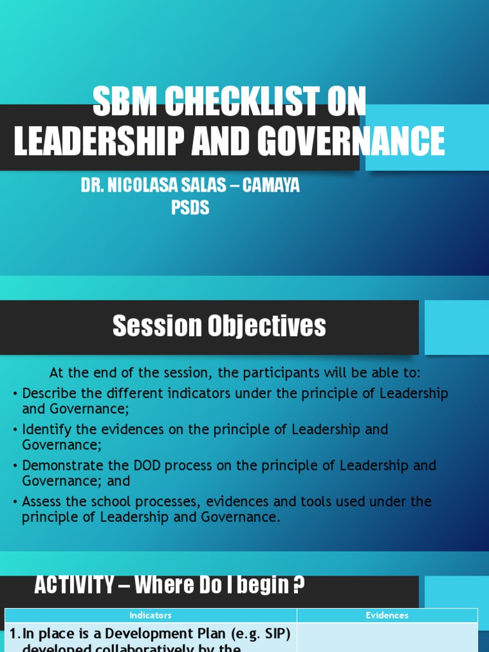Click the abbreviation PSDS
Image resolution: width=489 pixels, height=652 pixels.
pos(190,208)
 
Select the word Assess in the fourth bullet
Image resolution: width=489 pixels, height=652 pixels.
pos(42,502)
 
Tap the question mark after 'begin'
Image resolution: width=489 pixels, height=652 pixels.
pos(299,586)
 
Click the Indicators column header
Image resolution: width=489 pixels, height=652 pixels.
pos(150,616)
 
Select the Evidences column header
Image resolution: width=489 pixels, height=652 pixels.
pos(387,616)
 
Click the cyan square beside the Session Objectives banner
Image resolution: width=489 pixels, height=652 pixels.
pos(457,327)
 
